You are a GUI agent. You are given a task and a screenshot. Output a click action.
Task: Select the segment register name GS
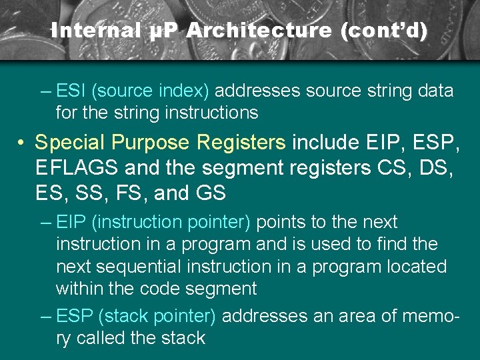click(x=210, y=193)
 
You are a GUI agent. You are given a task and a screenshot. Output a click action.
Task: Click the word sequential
click(x=138, y=267)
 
